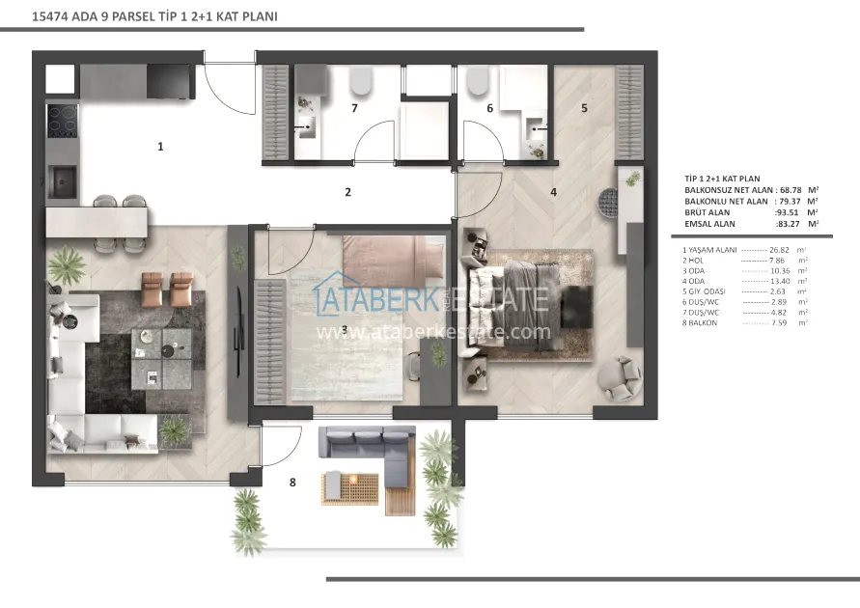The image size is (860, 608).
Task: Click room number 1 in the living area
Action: [x=160, y=147]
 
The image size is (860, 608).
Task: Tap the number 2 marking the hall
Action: [x=347, y=192]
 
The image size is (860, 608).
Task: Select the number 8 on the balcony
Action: [x=292, y=482]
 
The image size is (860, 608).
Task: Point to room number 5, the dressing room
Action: [x=584, y=108]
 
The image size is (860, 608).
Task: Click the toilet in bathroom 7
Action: [x=360, y=81]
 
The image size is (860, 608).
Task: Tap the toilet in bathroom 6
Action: [x=478, y=81]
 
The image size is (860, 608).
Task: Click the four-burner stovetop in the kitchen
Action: [x=62, y=121]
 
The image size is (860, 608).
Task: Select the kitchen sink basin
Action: [x=62, y=181]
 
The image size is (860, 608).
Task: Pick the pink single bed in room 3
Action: [x=393, y=256]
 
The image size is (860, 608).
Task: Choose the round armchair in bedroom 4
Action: [x=620, y=377]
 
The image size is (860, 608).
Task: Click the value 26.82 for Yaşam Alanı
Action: [x=779, y=250]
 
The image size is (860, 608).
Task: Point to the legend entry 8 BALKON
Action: [x=700, y=323]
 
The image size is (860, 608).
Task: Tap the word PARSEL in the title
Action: [x=133, y=16]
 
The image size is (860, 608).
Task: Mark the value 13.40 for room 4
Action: [x=780, y=281]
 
